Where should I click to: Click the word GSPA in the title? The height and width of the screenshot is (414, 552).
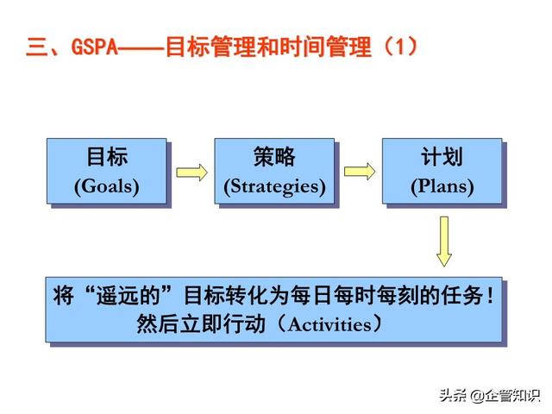[94, 46]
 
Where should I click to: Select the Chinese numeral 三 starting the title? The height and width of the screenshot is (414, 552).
[37, 47]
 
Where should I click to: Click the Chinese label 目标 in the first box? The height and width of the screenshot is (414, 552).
[107, 157]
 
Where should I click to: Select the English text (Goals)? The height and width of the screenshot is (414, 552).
[107, 186]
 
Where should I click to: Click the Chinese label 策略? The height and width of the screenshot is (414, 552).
[274, 157]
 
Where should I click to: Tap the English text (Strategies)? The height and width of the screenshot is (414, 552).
[274, 187]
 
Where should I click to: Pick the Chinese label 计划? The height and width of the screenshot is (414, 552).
[442, 157]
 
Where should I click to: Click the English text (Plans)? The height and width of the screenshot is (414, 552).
[442, 186]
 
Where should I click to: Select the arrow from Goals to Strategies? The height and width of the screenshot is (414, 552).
[191, 172]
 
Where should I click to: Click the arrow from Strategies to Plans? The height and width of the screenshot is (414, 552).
[360, 172]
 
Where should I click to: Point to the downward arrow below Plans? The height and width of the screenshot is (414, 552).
[444, 241]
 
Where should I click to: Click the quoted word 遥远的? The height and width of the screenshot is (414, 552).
[129, 295]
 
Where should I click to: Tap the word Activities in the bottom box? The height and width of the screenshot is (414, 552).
[329, 324]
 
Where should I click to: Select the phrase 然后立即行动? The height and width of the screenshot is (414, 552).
[201, 324]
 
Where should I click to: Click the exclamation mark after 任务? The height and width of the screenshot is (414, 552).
[491, 295]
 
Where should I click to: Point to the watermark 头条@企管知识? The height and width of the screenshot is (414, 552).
[490, 395]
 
